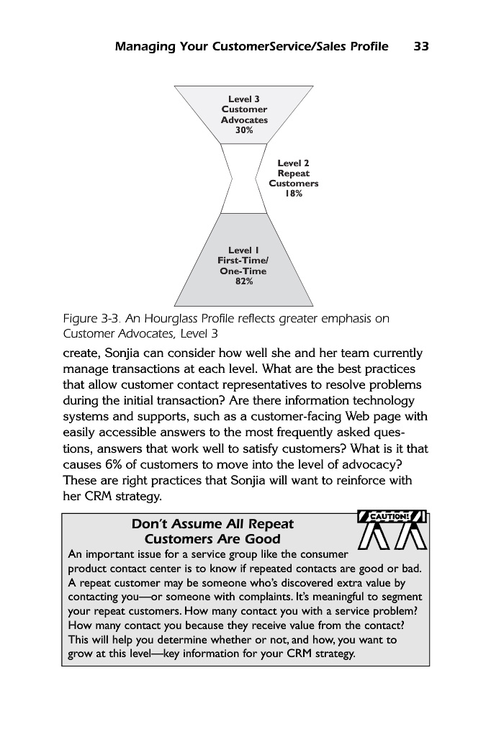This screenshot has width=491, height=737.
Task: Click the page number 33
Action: [421, 47]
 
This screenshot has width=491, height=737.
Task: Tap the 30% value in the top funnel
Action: [244, 130]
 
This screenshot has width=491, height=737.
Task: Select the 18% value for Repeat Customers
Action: [293, 194]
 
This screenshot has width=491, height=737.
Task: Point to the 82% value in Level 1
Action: [244, 281]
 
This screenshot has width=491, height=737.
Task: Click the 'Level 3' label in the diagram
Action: [244, 99]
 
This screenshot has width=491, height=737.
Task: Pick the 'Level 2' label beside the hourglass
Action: [293, 163]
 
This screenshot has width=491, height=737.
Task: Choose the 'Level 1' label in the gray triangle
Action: [243, 250]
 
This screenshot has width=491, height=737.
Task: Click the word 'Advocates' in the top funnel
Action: [244, 120]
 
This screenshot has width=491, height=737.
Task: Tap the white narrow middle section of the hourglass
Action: [243, 178]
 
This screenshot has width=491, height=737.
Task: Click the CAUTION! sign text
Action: [392, 516]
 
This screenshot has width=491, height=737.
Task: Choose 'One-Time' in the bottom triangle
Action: [243, 271]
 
